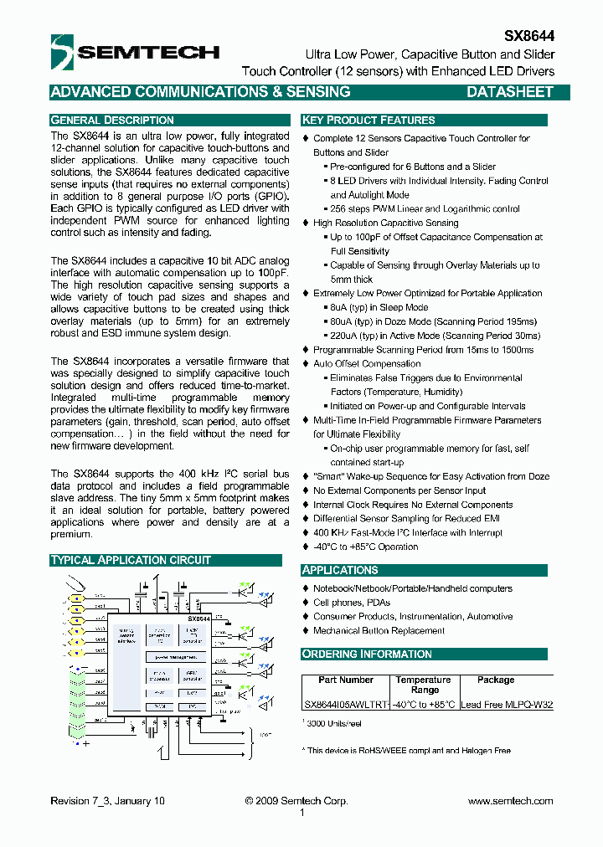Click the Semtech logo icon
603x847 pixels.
click(x=63, y=51)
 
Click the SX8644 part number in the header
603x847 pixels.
click(x=528, y=37)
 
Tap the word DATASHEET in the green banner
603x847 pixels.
click(x=509, y=92)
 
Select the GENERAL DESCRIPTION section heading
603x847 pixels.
click(x=112, y=120)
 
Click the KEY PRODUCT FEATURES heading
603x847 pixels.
click(x=368, y=120)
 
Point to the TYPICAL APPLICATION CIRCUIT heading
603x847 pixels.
click(x=131, y=560)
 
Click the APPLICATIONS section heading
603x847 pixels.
click(x=340, y=570)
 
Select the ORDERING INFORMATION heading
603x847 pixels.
click(x=367, y=654)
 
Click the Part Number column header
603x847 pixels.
click(x=346, y=680)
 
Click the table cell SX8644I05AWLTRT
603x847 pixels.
click(x=346, y=705)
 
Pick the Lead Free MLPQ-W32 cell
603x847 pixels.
click(x=507, y=705)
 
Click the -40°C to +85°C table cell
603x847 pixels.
click(x=425, y=705)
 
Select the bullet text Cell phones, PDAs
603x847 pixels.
click(x=352, y=603)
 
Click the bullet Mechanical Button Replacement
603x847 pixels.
click(x=379, y=631)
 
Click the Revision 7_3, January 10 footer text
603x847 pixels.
click(x=107, y=801)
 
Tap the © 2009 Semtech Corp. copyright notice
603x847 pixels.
click(x=296, y=801)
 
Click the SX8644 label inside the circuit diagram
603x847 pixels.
click(x=198, y=617)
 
